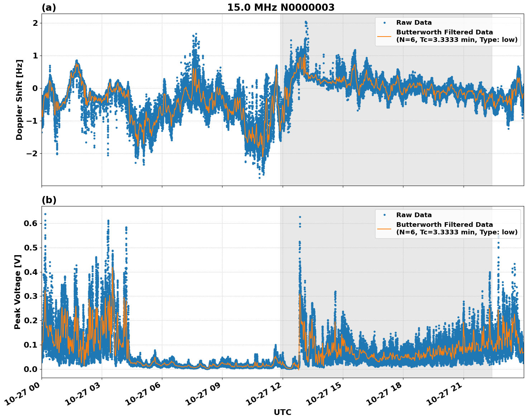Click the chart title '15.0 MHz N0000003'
tap(281, 8)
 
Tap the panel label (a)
tap(49, 8)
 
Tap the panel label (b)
tap(49, 200)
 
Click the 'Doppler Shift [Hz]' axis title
tap(19, 100)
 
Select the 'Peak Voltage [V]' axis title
tap(18, 292)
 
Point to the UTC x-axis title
tap(282, 412)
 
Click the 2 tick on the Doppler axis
tap(35, 23)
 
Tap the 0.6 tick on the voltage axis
tap(30, 223)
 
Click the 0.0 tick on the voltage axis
tap(30, 369)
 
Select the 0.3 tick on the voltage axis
tap(30, 296)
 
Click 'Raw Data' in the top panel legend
tap(414, 23)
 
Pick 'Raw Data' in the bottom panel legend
tap(414, 215)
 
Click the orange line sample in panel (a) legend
tap(384, 36)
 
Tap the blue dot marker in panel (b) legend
tap(384, 215)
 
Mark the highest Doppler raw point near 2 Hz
tap(306, 22)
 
